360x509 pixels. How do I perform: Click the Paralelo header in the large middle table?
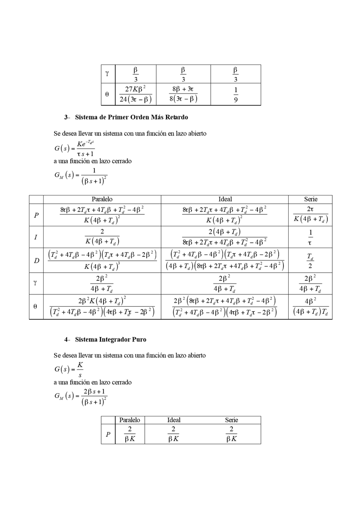point(102,199)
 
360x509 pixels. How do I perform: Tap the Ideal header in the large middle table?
point(225,199)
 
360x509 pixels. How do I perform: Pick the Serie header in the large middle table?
point(311,199)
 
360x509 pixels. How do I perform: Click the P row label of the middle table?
point(36,215)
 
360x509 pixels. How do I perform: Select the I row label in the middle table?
point(36,237)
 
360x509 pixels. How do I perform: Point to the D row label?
point(36,260)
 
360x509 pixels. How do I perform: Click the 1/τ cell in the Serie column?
point(311,237)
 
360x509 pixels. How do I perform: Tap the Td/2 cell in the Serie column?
point(311,260)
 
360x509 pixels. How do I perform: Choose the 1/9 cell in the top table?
point(235,94)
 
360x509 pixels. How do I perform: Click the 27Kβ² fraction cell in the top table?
point(135,94)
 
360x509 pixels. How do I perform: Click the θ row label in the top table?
point(107,94)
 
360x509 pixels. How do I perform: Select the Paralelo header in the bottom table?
point(129,420)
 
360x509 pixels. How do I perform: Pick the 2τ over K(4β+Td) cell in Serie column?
point(311,215)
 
